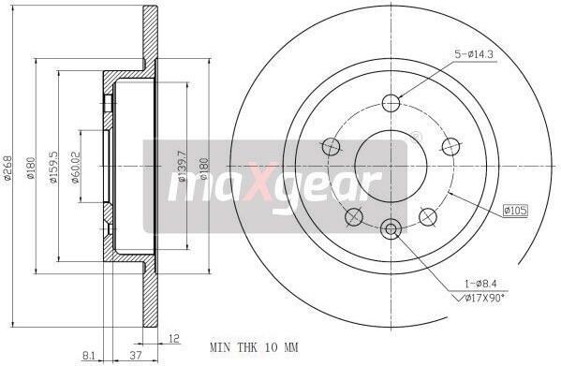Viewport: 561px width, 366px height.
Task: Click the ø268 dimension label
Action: point(7,168)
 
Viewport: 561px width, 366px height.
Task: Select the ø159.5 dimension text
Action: point(53,168)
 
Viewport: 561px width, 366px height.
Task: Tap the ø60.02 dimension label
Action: point(75,168)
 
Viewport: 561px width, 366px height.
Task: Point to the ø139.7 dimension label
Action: point(182,167)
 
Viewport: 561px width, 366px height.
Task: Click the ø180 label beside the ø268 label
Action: point(31,168)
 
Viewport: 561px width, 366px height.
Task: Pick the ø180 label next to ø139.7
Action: point(204,168)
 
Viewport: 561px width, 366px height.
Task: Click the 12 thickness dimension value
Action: point(173,339)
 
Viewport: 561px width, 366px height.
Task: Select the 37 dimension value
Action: point(136,356)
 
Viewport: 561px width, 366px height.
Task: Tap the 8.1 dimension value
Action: point(88,356)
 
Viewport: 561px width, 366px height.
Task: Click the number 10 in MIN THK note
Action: point(272,347)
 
